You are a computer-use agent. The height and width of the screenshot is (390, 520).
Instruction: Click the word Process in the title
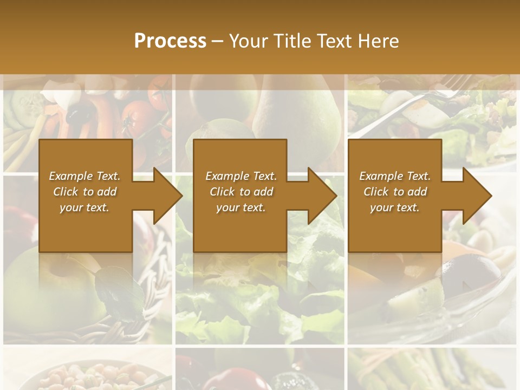pyautogui.click(x=170, y=41)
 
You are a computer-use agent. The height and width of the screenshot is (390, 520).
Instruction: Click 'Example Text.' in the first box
pyautogui.click(x=84, y=176)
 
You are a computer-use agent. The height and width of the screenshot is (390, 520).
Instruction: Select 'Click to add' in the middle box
pyautogui.click(x=241, y=192)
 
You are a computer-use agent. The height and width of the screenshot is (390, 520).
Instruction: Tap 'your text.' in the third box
pyautogui.click(x=394, y=207)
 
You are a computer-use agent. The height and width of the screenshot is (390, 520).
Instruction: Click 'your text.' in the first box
pyautogui.click(x=84, y=207)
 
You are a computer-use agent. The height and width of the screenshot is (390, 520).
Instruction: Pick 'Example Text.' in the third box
pyautogui.click(x=394, y=176)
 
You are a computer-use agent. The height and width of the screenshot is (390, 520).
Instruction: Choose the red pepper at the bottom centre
pyautogui.click(x=236, y=379)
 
